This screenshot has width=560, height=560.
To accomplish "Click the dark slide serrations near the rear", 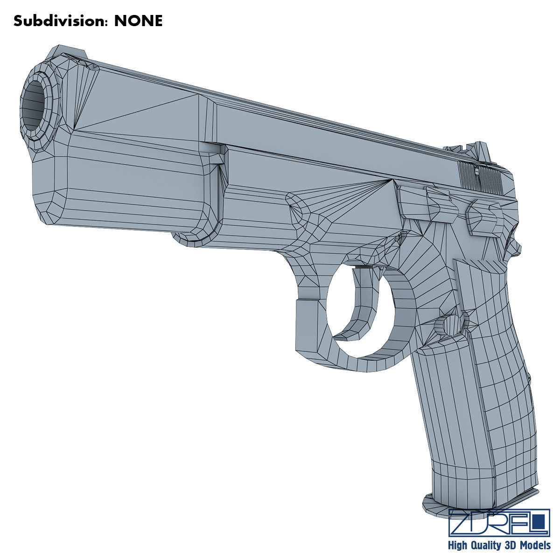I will pyautogui.click(x=481, y=178).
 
